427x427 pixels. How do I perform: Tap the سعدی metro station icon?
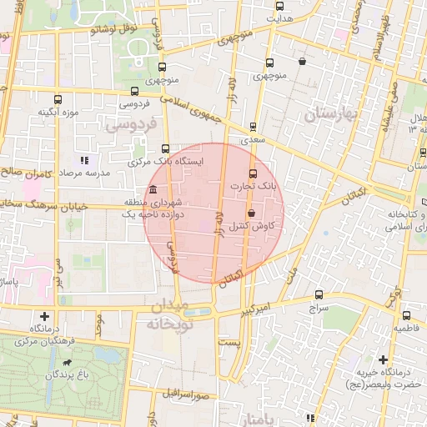pyautogui.click(x=253, y=128)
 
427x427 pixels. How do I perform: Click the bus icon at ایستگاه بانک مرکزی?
pyautogui.click(x=164, y=148)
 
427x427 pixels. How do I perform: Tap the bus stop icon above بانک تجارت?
pyautogui.click(x=254, y=173)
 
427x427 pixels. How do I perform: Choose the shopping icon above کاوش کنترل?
pyautogui.click(x=252, y=213)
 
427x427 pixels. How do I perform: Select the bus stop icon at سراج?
pyautogui.click(x=319, y=294)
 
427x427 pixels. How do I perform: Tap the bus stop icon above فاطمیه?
pyautogui.click(x=406, y=316)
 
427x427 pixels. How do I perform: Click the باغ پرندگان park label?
pyautogui.click(x=66, y=375)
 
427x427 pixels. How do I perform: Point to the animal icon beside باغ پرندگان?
pyautogui.click(x=66, y=364)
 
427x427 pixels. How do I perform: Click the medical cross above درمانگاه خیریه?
pyautogui.click(x=383, y=359)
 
